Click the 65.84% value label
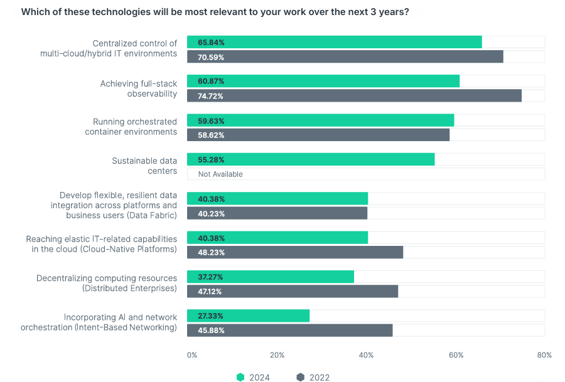pos(211,43)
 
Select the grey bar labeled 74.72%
pos(354,96)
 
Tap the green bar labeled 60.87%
pos(323,82)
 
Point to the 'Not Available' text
pos(220,174)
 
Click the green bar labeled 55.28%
pos(310,160)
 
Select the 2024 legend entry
pos(253,377)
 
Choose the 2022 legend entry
pos(313,377)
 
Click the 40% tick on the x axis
pos(367,355)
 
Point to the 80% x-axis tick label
pos(544,355)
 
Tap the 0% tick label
pos(192,355)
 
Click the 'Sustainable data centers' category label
pos(144,166)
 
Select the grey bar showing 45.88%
pos(289,331)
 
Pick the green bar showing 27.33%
pos(248,316)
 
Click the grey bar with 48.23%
pos(294,252)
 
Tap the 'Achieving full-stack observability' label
pos(139,88)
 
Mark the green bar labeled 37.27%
pos(270,277)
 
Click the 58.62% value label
pos(211,135)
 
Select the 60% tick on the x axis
pos(456,355)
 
